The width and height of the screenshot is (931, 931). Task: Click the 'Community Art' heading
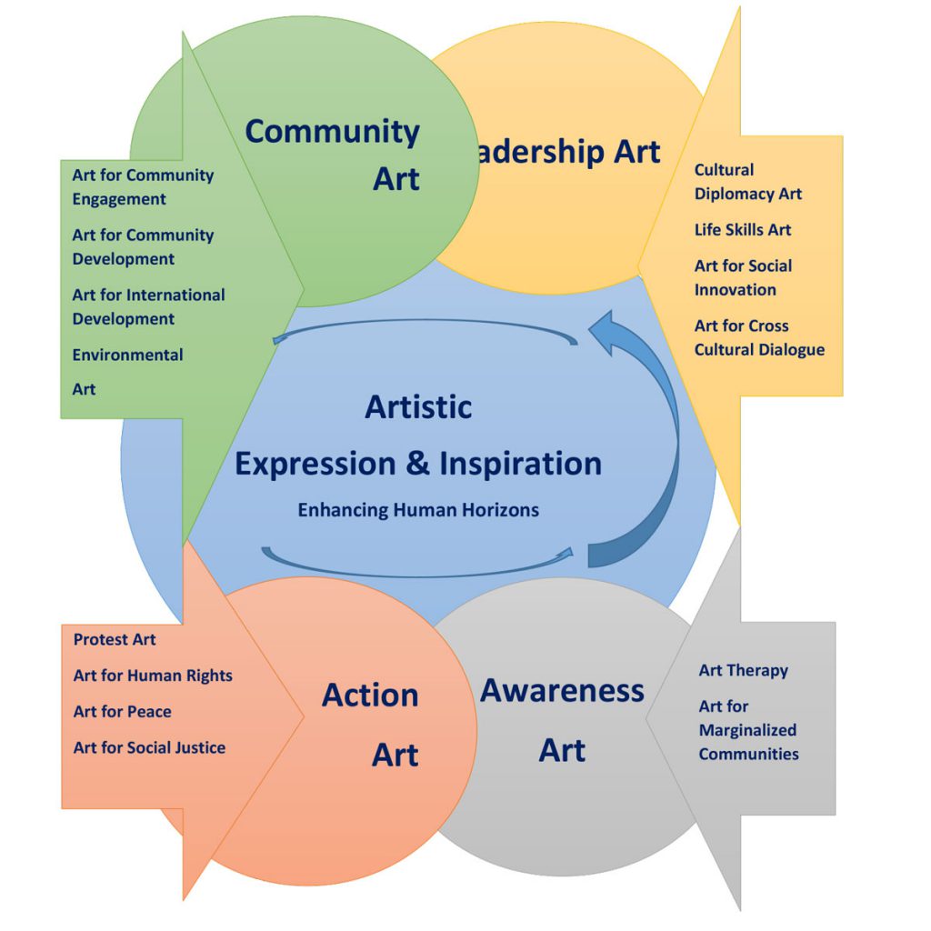pyautogui.click(x=333, y=154)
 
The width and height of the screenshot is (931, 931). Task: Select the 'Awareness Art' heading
pyautogui.click(x=562, y=719)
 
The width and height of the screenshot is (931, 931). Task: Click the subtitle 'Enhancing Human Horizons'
pyautogui.click(x=418, y=510)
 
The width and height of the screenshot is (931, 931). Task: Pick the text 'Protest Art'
pyautogui.click(x=115, y=639)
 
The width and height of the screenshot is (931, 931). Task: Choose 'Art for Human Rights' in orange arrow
pyautogui.click(x=153, y=676)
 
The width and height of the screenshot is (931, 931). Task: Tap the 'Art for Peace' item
pyautogui.click(x=122, y=711)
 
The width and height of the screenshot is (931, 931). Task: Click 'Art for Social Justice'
pyautogui.click(x=149, y=747)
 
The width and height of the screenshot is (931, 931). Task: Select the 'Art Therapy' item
pyautogui.click(x=743, y=670)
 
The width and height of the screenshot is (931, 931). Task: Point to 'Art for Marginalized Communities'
pyautogui.click(x=747, y=730)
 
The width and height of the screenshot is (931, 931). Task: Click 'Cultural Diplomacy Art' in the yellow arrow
pyautogui.click(x=747, y=181)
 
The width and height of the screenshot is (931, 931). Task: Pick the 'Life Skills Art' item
pyautogui.click(x=743, y=230)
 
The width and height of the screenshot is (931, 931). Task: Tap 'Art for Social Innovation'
pyautogui.click(x=743, y=277)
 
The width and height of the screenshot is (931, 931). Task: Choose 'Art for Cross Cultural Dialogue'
pyautogui.click(x=759, y=337)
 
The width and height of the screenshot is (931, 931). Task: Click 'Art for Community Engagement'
pyautogui.click(x=143, y=186)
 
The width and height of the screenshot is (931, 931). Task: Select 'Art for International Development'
pyautogui.click(x=148, y=306)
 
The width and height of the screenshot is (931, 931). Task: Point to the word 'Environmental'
pyautogui.click(x=127, y=355)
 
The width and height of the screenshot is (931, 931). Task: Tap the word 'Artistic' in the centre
pyautogui.click(x=418, y=406)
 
